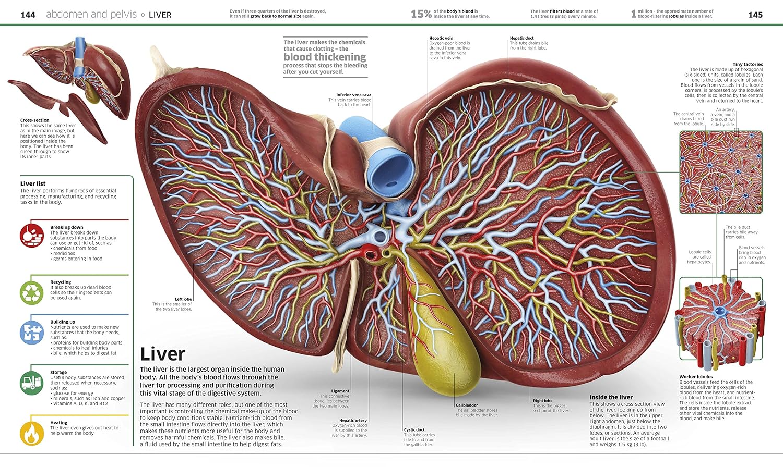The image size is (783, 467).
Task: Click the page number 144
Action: [28, 15]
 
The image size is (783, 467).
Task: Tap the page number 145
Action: [755, 15]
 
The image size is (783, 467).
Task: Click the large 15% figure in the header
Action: [421, 14]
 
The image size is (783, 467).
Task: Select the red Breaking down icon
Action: [32, 235]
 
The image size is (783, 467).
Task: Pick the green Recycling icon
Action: [32, 293]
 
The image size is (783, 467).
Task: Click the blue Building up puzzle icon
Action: [32, 333]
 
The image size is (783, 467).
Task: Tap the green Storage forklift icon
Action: [32, 383]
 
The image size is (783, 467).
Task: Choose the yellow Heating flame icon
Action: [32, 433]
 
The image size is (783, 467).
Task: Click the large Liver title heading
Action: [162, 354]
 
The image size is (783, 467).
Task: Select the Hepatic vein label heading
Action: [441, 38]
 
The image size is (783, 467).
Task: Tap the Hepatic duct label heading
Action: [521, 38]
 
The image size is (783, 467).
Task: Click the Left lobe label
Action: [183, 299]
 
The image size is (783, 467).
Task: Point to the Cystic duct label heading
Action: [414, 430]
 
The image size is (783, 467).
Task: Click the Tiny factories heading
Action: [748, 64]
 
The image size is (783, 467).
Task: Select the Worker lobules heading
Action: [696, 377]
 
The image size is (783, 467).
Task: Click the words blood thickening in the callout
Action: [325, 57]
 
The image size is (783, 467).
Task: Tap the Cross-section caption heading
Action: [35, 120]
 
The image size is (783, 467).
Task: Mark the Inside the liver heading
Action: [611, 397]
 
